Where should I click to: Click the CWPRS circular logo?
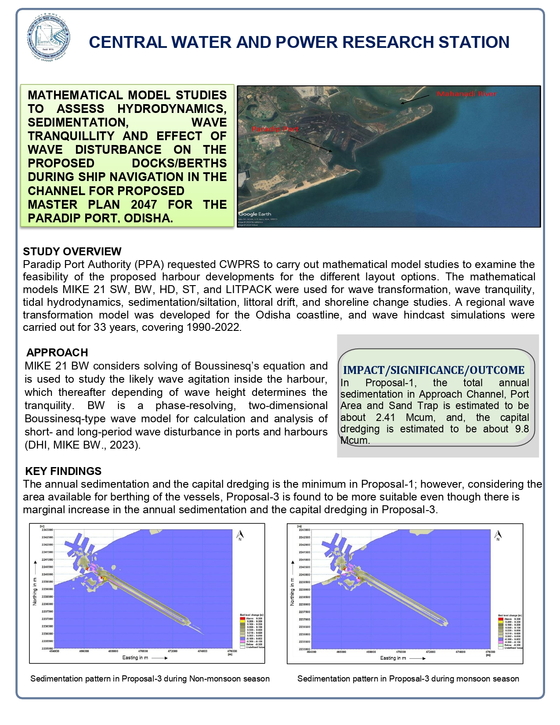tap(48, 37)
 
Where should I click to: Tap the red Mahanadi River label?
tap(467, 94)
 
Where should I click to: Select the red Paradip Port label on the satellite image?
tap(275, 129)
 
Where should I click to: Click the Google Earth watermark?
tap(255, 214)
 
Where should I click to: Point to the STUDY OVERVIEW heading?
tap(72, 251)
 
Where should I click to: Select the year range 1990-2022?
tap(213, 327)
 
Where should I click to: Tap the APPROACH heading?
tap(57, 352)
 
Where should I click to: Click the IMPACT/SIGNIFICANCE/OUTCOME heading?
tap(434, 370)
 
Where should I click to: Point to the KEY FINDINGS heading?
tap(63, 471)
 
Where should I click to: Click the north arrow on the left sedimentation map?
tap(240, 535)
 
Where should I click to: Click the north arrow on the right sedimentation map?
tap(498, 535)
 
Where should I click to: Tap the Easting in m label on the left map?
tap(135, 658)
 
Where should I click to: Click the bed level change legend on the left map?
tap(252, 631)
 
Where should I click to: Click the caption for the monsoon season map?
tap(408, 679)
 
